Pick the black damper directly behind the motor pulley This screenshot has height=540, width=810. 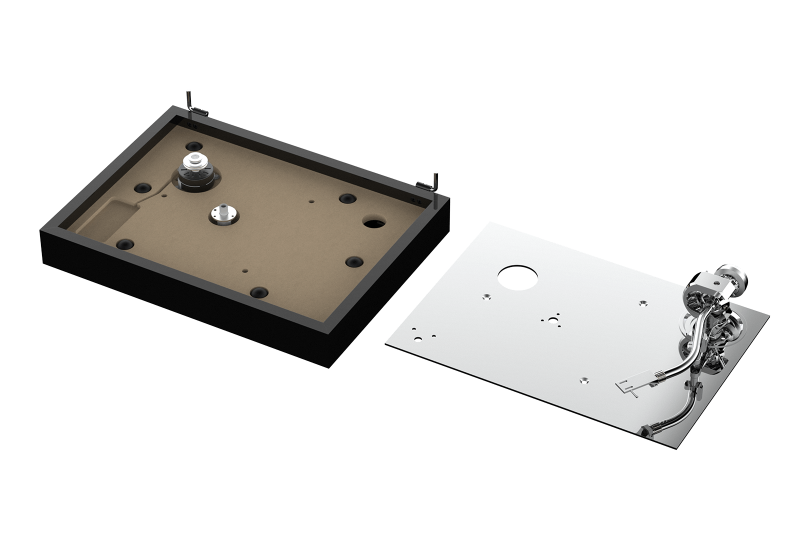pos(193,146)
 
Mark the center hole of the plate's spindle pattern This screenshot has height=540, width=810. pos(553,321)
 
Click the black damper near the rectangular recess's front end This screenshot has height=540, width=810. pos(124,244)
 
